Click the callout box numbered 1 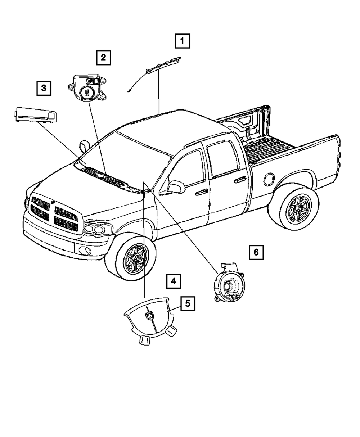pyautogui.click(x=182, y=41)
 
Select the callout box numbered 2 pyautogui.click(x=103, y=57)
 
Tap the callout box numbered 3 pyautogui.click(x=44, y=88)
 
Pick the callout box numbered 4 pyautogui.click(x=173, y=281)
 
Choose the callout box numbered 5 pyautogui.click(x=188, y=303)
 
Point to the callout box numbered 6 pyautogui.click(x=256, y=252)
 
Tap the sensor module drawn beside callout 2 pyautogui.click(x=88, y=89)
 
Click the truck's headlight pyautogui.click(x=97, y=228)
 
